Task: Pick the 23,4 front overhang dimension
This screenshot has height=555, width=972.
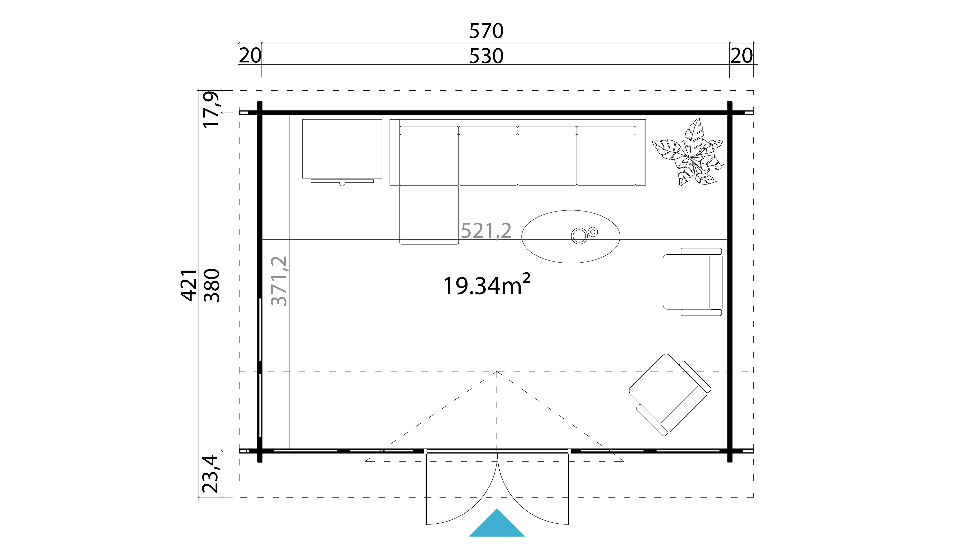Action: point(211,474)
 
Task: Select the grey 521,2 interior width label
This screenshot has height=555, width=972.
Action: point(486,231)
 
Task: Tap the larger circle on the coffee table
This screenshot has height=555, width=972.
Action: point(579,236)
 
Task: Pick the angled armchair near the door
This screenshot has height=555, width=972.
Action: point(670,394)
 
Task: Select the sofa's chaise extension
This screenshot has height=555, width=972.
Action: point(429,214)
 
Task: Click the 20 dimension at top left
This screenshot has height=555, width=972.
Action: point(250,56)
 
